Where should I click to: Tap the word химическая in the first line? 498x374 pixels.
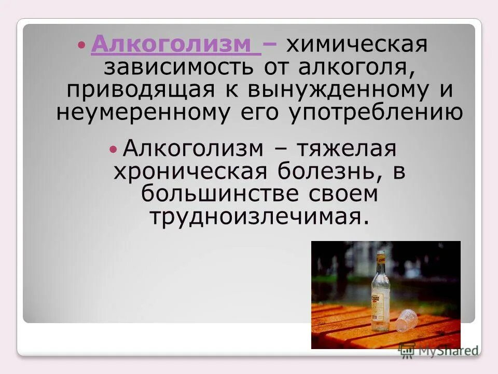pyautogui.click(x=357, y=45)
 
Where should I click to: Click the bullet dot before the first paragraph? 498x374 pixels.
pyautogui.click(x=81, y=45)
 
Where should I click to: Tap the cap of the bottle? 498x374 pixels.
pyautogui.click(x=381, y=255)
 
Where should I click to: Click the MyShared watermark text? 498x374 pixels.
pyautogui.click(x=445, y=351)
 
